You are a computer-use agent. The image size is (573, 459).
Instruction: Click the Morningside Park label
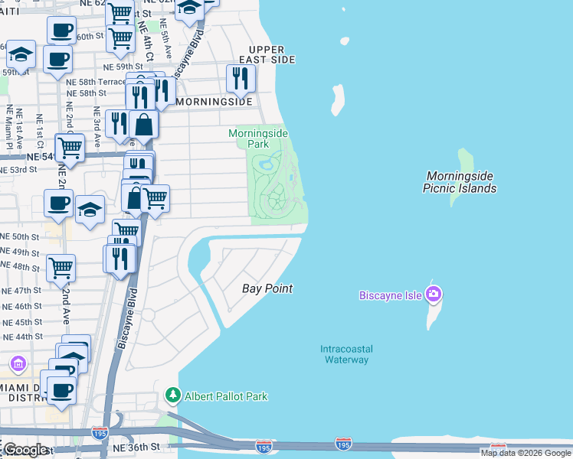[259, 138]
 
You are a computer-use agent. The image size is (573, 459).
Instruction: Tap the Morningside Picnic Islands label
[461, 182]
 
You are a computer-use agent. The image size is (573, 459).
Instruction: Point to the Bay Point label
[268, 288]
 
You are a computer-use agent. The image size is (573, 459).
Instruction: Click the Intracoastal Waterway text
[345, 354]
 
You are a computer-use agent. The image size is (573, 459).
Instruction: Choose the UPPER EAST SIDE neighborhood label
[267, 54]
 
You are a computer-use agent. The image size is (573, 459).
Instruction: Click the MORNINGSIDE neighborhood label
[214, 102]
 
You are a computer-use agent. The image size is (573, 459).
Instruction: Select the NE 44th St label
[22, 337]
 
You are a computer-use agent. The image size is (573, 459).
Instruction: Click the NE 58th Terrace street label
[96, 81]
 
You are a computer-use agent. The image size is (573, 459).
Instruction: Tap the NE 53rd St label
[19, 168]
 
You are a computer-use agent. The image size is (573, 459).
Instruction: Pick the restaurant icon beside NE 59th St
[241, 77]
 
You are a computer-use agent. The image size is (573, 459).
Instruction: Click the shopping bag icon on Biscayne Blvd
[144, 123]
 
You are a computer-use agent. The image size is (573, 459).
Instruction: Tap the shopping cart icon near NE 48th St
[61, 267]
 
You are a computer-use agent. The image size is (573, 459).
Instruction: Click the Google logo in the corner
[25, 450]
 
